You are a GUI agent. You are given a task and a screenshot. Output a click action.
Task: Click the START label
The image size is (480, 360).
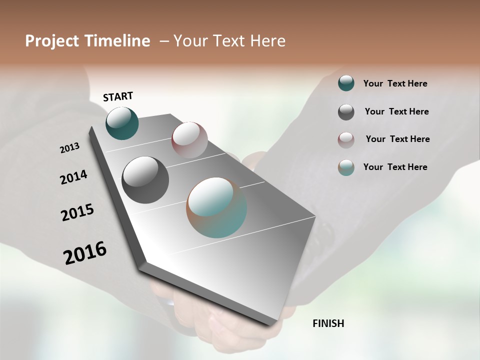[x=118, y=96]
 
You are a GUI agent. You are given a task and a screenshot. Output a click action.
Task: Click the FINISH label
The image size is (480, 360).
[x=328, y=323]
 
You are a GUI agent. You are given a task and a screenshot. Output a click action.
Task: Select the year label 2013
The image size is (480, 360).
[x=69, y=148]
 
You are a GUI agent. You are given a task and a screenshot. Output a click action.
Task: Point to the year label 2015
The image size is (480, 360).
[x=77, y=212]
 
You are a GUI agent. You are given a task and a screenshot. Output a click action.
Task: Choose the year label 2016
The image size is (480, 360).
[x=85, y=253]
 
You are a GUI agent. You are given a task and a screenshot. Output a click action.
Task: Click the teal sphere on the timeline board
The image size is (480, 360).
[x=122, y=123]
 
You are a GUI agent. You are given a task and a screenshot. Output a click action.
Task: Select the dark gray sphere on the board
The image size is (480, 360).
[x=145, y=180]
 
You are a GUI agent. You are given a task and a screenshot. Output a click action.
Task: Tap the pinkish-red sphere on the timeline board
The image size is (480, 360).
[x=189, y=139]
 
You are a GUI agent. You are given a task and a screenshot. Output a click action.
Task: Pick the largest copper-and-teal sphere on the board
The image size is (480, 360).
[x=216, y=207]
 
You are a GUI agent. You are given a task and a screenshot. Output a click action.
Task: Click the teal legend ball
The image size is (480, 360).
[x=346, y=83]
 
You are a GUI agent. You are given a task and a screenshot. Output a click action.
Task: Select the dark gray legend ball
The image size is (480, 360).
[x=346, y=112]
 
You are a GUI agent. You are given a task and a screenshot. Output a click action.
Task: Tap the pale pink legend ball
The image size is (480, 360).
[x=346, y=139]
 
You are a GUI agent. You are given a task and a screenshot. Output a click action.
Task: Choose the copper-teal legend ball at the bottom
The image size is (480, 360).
[x=346, y=167]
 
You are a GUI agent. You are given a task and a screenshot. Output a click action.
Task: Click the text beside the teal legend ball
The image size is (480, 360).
[x=395, y=84]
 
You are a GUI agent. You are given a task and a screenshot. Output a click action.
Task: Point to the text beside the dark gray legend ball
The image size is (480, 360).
[x=396, y=111]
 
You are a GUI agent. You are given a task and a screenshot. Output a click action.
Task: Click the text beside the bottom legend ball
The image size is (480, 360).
[x=395, y=167]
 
